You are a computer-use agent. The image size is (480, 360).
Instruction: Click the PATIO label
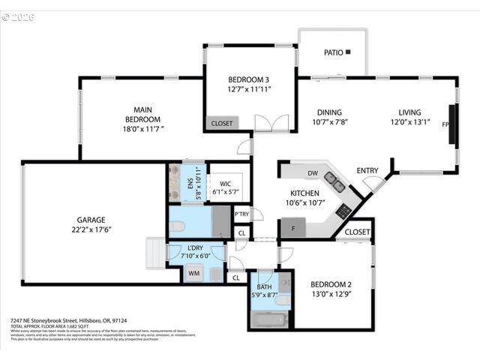coord(333,53)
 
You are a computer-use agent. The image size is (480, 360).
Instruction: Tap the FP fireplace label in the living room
coord(445,124)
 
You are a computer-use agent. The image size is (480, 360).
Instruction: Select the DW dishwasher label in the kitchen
coord(313,174)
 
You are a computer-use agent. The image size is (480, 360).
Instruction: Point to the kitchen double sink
coord(334,181)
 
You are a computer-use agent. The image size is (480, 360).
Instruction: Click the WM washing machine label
coord(193,274)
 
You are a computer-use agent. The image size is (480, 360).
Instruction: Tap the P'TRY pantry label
coord(241,214)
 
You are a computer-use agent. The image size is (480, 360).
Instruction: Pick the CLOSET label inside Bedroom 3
coord(222,123)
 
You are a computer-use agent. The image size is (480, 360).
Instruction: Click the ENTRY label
coord(367,170)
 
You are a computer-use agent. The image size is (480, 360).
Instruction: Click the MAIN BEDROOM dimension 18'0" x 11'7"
coord(142,129)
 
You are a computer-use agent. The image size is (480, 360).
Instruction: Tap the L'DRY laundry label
coord(196,247)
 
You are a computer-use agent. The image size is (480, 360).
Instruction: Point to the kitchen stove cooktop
coord(343,212)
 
